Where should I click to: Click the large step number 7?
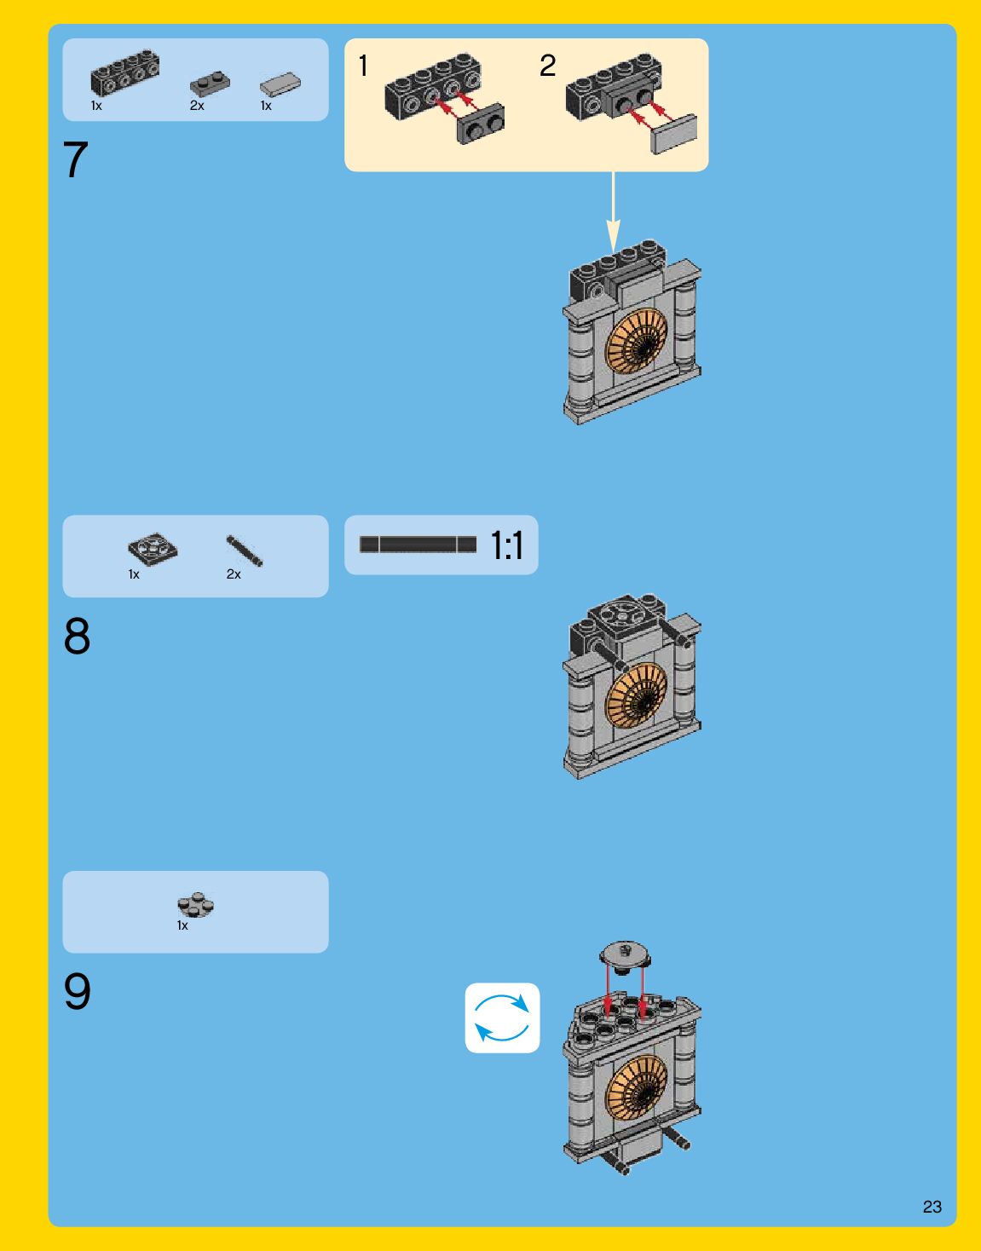point(75,160)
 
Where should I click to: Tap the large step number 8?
point(77,637)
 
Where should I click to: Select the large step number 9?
point(77,992)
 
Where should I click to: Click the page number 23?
point(932,1207)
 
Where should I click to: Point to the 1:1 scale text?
point(507,545)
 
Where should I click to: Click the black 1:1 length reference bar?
point(418,545)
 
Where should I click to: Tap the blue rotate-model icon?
point(502,1018)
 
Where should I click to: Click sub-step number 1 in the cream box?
point(364,66)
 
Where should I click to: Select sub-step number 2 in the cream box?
point(547,66)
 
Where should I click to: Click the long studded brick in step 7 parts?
point(124,73)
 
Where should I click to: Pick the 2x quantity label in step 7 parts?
point(197,107)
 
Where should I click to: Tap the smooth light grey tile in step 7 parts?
point(280,84)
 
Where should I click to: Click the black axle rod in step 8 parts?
point(245,551)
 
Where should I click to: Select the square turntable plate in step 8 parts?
point(153,549)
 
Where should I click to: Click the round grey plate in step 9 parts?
point(196,905)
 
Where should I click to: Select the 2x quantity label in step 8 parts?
point(234,574)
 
